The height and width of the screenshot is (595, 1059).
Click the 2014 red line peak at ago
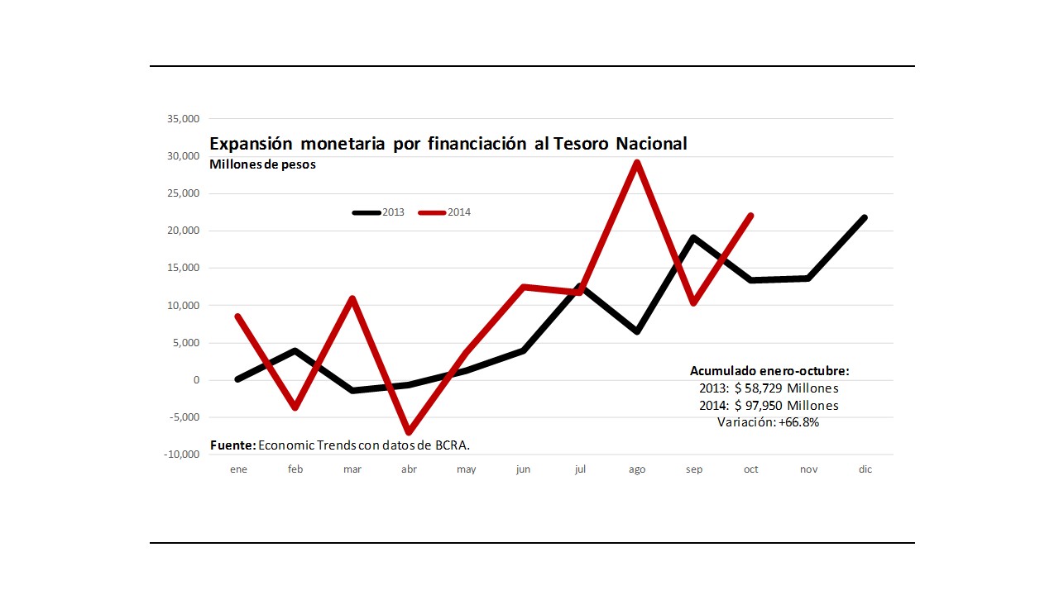pyautogui.click(x=636, y=162)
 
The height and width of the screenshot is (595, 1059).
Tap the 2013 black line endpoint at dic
pyautogui.click(x=865, y=217)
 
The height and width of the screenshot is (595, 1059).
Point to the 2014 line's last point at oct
pyautogui.click(x=750, y=216)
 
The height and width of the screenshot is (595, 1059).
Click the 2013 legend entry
pyautogui.click(x=379, y=212)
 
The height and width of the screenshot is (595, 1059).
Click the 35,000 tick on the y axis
pyautogui.click(x=183, y=119)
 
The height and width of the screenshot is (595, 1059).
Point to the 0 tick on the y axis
pyautogui.click(x=196, y=380)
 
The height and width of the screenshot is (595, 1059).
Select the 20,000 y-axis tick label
pyautogui.click(x=183, y=231)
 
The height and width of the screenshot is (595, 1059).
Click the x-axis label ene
pyautogui.click(x=238, y=469)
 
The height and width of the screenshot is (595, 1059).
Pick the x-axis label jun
pyautogui.click(x=523, y=469)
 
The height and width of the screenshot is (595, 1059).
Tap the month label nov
pyautogui.click(x=808, y=469)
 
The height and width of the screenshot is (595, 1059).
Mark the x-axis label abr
pyautogui.click(x=409, y=469)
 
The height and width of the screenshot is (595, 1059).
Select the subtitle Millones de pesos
pyautogui.click(x=262, y=164)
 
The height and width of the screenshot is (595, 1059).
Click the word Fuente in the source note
pyautogui.click(x=232, y=445)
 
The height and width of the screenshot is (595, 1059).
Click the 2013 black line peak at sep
pyautogui.click(x=693, y=238)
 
